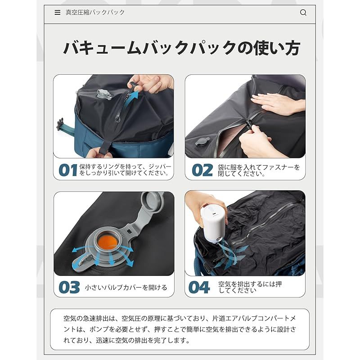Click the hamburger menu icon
pyautogui.click(x=57, y=13)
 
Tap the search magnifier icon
pyautogui.click(x=303, y=13)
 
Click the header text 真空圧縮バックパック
pyautogui.click(x=95, y=13)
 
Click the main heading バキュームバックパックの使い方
pyautogui.click(x=181, y=48)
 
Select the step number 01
pyautogui.click(x=68, y=170)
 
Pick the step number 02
pyautogui.click(x=202, y=170)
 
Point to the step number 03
pyautogui.click(x=69, y=287)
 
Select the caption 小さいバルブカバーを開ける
pyautogui.click(x=126, y=288)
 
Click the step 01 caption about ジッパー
pyautogui.click(x=125, y=170)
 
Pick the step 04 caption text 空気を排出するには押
pyautogui.click(x=250, y=287)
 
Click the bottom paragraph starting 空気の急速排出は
pyautogui.click(x=180, y=329)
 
